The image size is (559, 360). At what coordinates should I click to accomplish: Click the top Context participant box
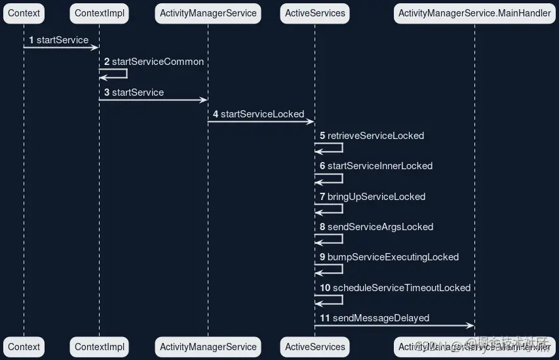(x=24, y=13)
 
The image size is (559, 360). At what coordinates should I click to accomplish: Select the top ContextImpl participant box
(x=100, y=13)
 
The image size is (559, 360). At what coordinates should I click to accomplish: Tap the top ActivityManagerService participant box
(x=208, y=13)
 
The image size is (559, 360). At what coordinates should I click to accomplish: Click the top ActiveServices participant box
(x=315, y=13)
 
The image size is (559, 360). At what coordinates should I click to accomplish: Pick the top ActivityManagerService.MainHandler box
(x=474, y=13)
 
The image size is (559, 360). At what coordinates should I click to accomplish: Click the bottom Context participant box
(x=24, y=347)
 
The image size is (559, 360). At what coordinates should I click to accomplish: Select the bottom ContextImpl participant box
(x=100, y=347)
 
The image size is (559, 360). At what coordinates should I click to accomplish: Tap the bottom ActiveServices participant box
(x=315, y=347)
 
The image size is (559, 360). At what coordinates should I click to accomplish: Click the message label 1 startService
(x=59, y=40)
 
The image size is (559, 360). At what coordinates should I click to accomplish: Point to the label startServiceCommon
(x=157, y=62)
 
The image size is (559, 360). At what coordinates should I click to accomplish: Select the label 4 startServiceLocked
(x=258, y=114)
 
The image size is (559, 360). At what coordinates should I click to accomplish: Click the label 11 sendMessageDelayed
(x=375, y=318)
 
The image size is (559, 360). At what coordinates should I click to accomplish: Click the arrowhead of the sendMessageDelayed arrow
(x=471, y=326)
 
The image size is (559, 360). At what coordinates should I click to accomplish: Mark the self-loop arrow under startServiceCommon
(x=118, y=73)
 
